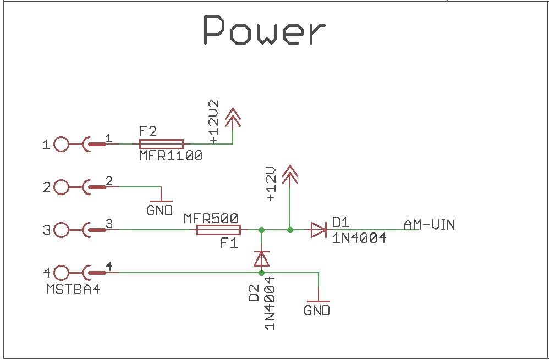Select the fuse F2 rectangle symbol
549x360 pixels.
(161, 144)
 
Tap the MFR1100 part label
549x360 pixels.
(171, 156)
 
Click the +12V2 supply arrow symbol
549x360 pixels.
(233, 117)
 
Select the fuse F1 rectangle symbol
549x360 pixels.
(218, 230)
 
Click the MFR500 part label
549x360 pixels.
(211, 218)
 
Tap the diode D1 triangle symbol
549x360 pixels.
(318, 230)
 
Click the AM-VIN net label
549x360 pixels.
(429, 225)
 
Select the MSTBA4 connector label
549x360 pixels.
(74, 289)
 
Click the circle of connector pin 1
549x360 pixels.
(61, 145)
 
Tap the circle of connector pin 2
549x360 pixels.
(61, 187)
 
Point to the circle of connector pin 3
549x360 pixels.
(61, 230)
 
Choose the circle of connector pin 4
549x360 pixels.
(61, 272)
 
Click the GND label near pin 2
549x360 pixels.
(160, 211)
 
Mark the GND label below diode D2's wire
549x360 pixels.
(317, 311)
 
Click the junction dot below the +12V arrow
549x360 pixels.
(290, 230)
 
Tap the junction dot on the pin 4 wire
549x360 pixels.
(261, 273)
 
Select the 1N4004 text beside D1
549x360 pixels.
(359, 239)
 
